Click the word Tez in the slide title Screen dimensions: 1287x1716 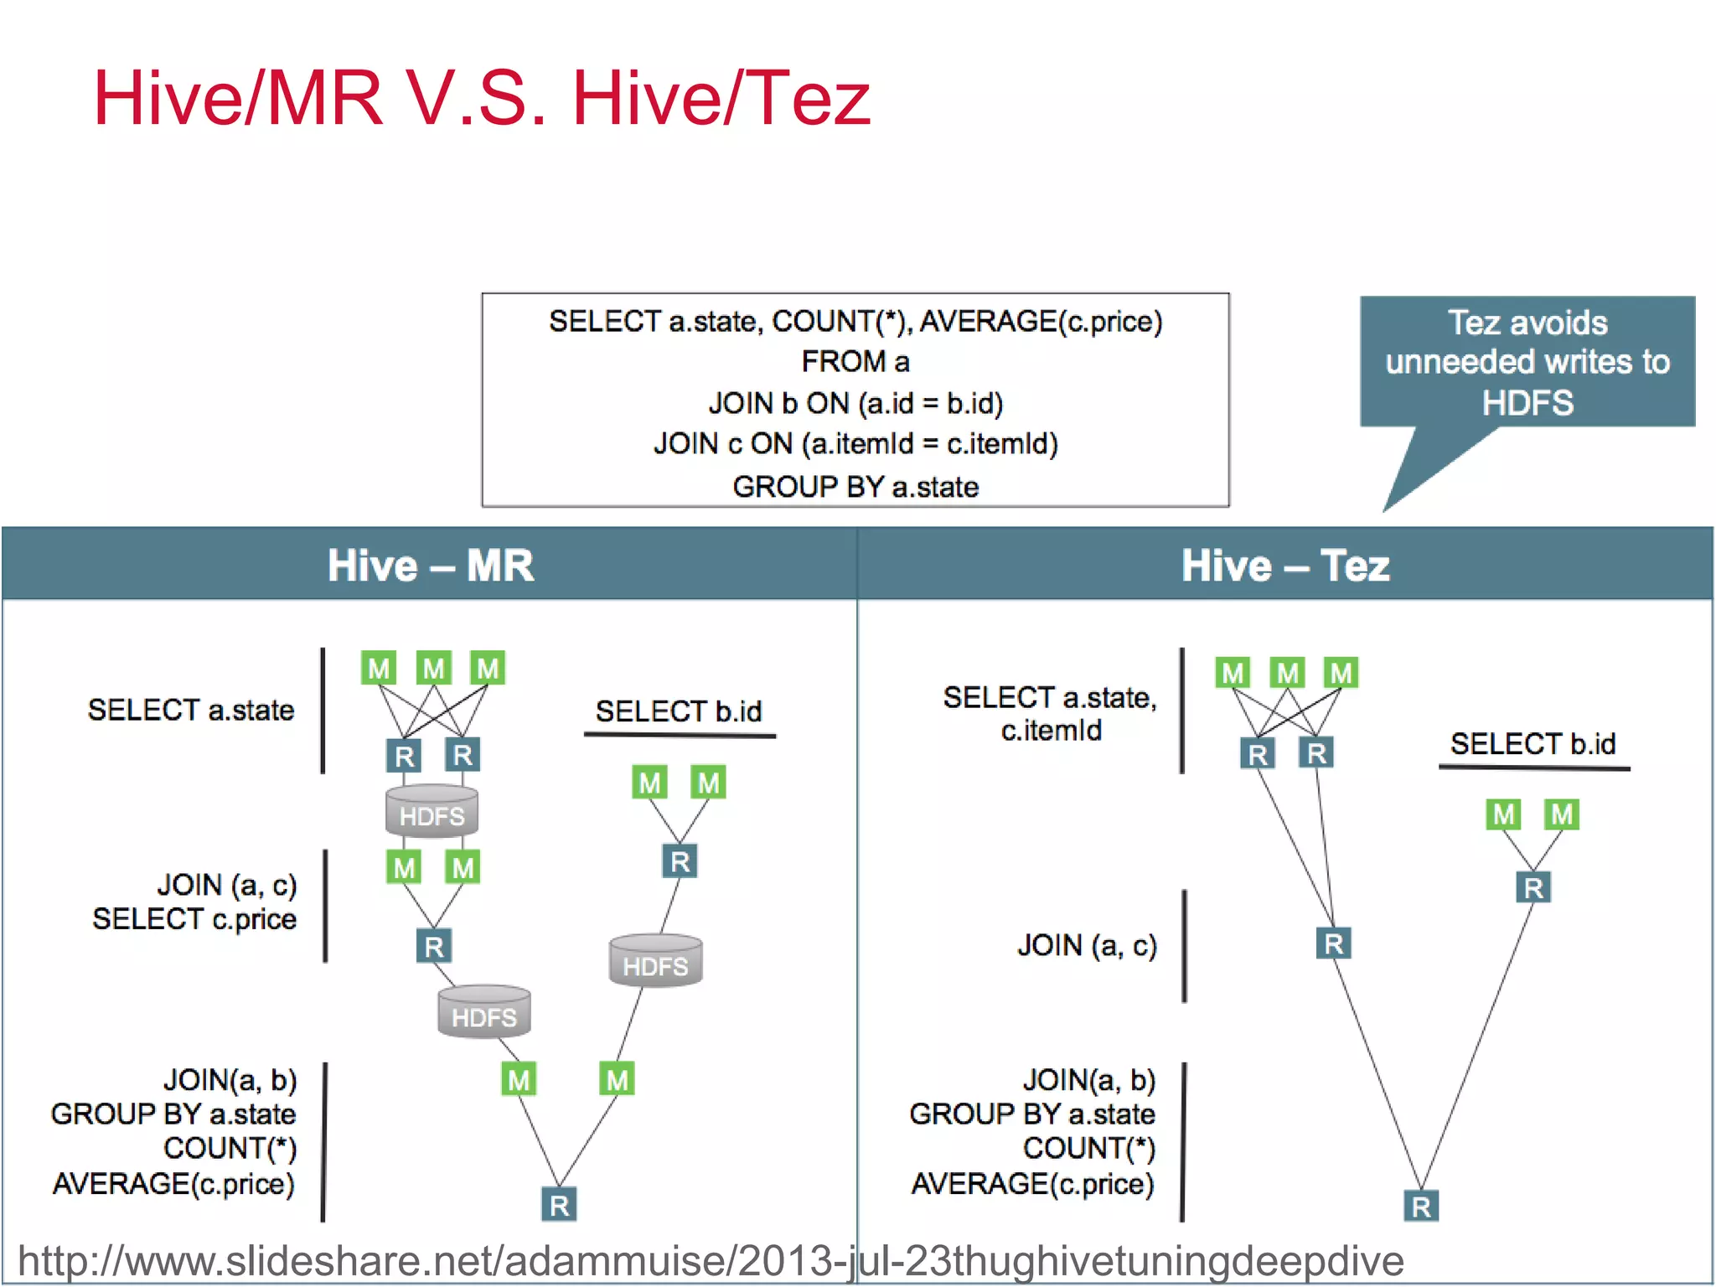(806, 99)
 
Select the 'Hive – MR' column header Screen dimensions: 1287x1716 (430, 565)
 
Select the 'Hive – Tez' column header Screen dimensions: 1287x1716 (1284, 565)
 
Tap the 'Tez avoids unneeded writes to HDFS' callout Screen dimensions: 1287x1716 (1527, 362)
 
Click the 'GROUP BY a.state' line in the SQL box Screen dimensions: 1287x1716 (855, 487)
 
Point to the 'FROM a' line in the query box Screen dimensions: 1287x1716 (855, 362)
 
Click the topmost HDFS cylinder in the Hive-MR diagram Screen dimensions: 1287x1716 (432, 812)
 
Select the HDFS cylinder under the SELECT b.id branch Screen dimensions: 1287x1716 (655, 962)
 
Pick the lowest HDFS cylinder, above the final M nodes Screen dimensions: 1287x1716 (484, 1013)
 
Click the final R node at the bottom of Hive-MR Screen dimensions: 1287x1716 (559, 1205)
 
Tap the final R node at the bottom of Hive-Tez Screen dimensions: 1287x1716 (1421, 1207)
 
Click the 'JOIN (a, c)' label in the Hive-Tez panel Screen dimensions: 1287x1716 (1087, 945)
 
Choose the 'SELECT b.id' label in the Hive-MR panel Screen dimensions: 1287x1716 (679, 711)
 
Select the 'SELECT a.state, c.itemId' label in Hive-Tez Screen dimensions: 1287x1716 (1050, 713)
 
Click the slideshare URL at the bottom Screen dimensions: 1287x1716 (711, 1261)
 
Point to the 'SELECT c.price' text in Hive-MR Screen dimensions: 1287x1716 (194, 919)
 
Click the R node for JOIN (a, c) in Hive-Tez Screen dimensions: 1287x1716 (1333, 944)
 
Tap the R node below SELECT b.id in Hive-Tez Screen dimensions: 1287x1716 (1533, 887)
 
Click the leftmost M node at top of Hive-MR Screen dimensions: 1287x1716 (379, 669)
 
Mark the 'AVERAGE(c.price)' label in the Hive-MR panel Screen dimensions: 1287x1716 (173, 1184)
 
